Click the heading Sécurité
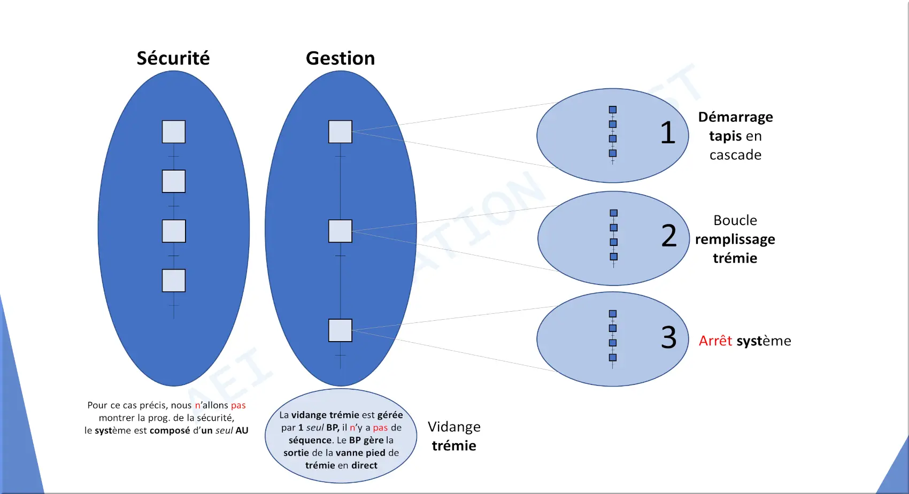click(x=173, y=58)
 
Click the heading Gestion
click(x=340, y=58)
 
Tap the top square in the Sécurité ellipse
click(x=174, y=132)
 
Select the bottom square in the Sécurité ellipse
click(x=174, y=280)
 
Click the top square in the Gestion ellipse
click(x=340, y=132)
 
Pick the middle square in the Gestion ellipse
click(x=340, y=231)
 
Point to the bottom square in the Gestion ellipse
click(x=340, y=330)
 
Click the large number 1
click(x=667, y=133)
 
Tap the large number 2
click(x=669, y=235)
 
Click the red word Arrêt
click(x=715, y=341)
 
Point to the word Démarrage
click(x=735, y=117)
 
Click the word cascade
click(x=735, y=155)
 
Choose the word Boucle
click(x=735, y=220)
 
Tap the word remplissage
click(x=735, y=240)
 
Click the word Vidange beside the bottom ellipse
click(x=454, y=427)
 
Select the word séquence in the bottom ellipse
click(x=310, y=440)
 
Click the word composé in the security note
click(x=170, y=430)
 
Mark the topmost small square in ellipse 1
click(x=613, y=110)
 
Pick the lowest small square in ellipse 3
click(x=613, y=357)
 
